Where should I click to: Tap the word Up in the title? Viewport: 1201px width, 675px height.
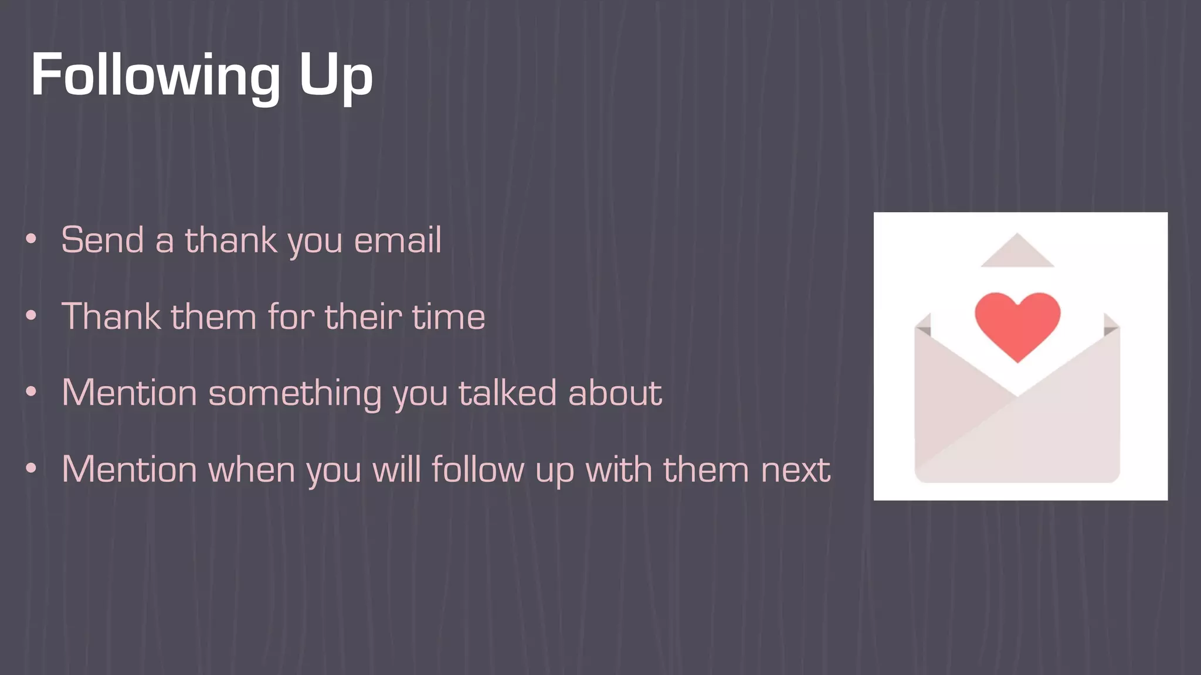pos(335,75)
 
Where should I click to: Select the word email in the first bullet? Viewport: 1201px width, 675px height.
pos(398,240)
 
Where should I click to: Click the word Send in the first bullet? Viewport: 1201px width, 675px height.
pos(103,240)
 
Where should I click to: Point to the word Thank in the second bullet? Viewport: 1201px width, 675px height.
pos(111,317)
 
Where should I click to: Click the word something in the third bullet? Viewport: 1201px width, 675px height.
pos(295,393)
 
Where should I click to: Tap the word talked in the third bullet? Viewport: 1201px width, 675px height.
pos(507,393)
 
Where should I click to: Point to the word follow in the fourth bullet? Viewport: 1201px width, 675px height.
pos(478,470)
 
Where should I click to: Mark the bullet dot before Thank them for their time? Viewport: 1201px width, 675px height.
pos(31,316)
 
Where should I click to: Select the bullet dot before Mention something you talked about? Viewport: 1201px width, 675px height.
pos(31,392)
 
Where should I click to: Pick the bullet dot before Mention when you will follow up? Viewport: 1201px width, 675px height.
pos(31,469)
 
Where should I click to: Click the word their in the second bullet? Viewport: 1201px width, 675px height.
pos(363,317)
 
